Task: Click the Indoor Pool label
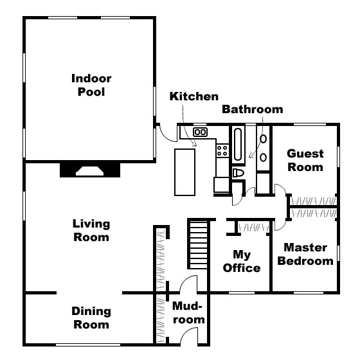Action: [x=91, y=85]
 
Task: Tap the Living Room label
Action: [x=91, y=231]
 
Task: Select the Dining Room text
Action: [x=91, y=318]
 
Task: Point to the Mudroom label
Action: [x=188, y=313]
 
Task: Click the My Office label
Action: [x=241, y=262]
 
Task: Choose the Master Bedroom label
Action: [x=306, y=254]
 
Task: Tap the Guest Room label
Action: [x=305, y=161]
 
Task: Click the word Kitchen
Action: [x=194, y=96]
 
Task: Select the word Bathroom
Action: [x=252, y=109]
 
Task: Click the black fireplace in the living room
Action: [x=90, y=169]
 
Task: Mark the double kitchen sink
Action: [x=201, y=132]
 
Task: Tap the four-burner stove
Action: [x=222, y=151]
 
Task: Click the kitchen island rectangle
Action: [x=186, y=171]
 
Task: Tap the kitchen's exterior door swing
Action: [x=168, y=134]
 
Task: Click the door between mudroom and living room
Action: [x=188, y=285]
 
